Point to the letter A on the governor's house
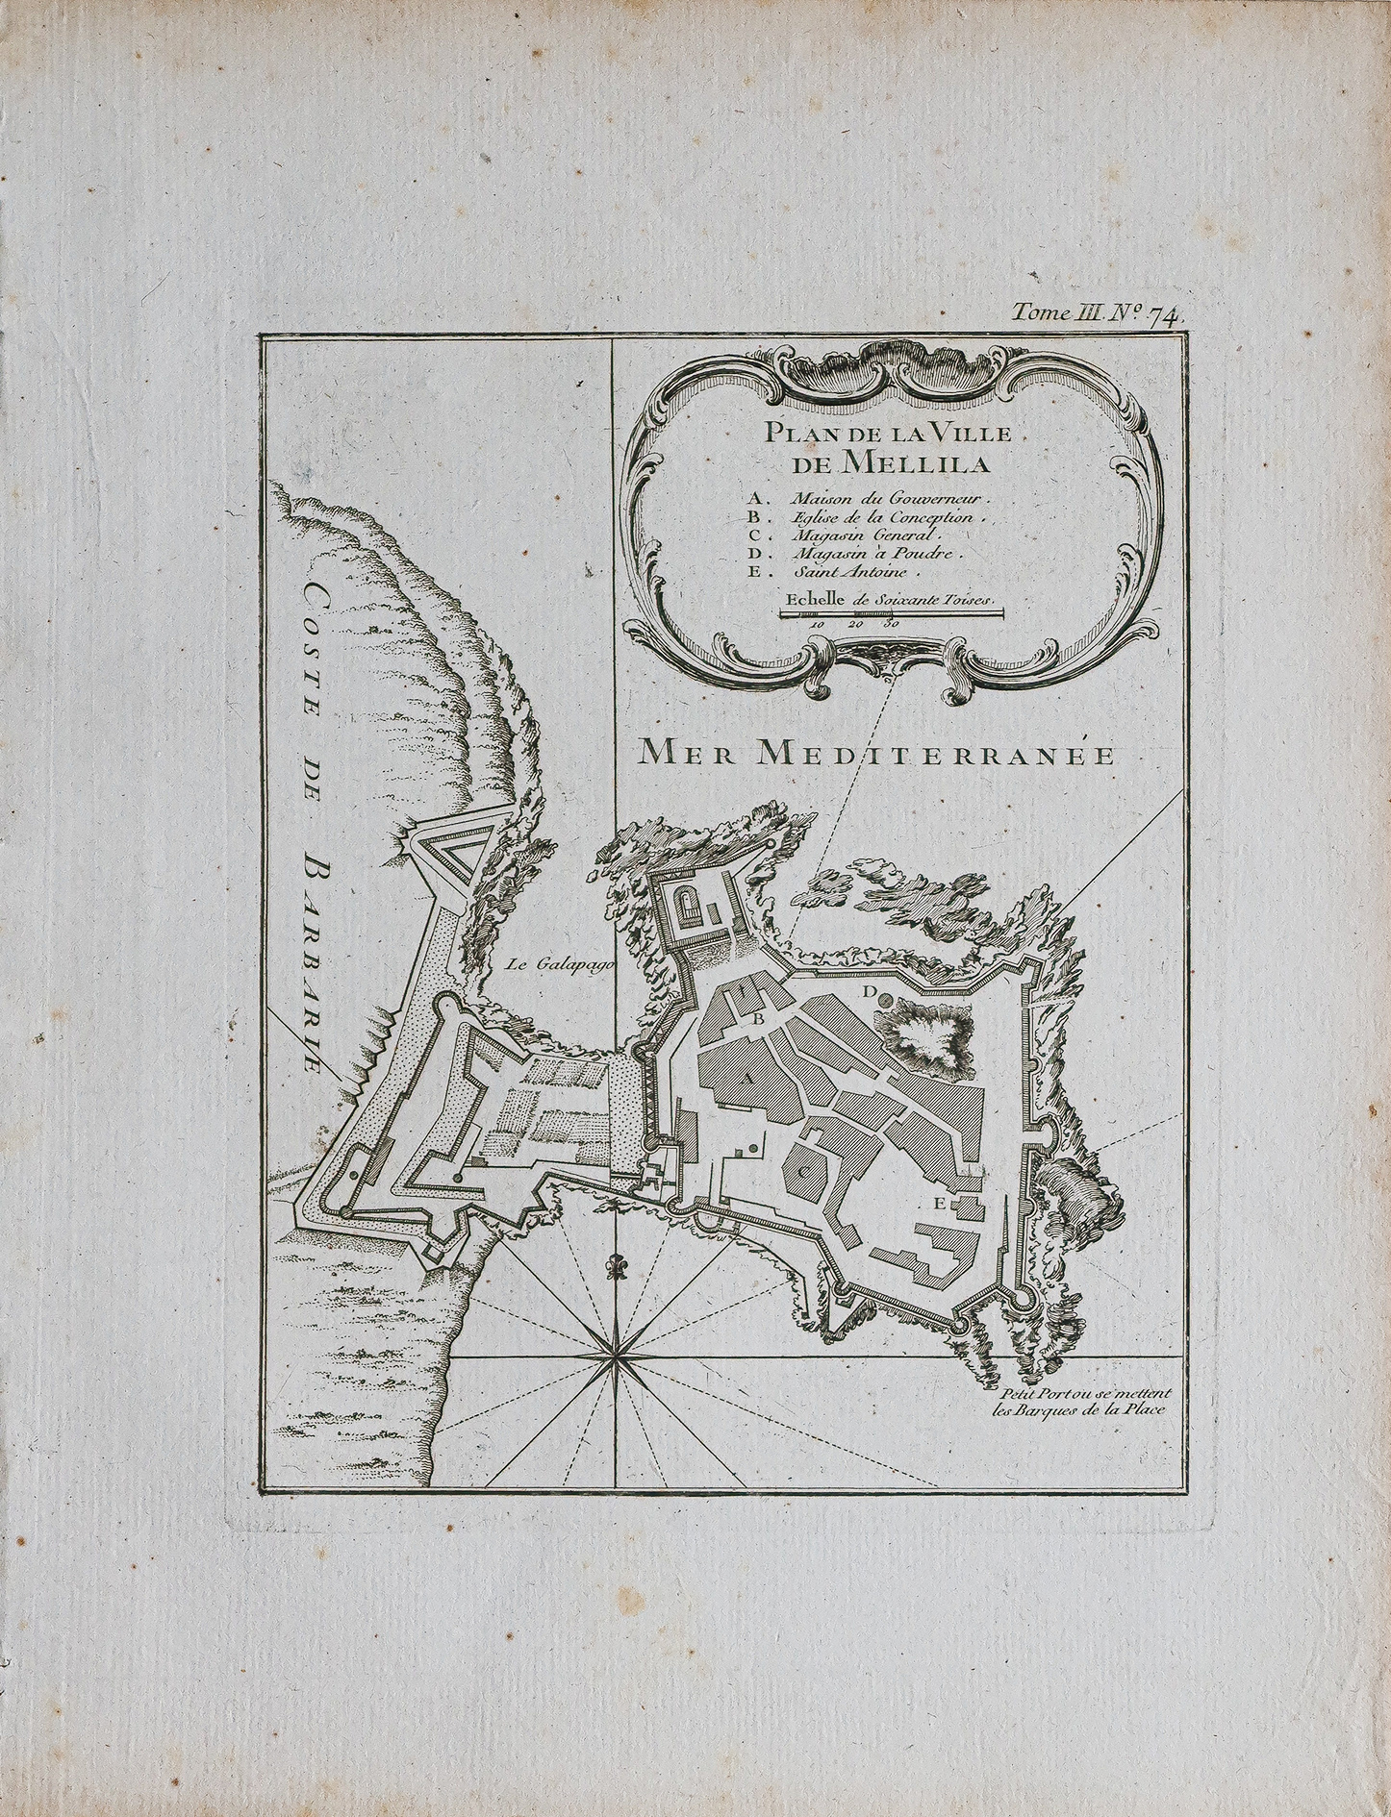(744, 1079)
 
